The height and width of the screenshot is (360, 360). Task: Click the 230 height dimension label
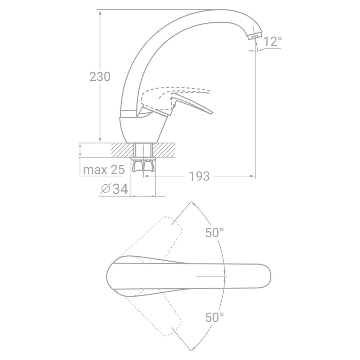tap(100, 77)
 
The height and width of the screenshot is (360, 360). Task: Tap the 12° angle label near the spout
tap(272, 42)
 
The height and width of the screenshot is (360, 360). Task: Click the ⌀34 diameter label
tap(115, 189)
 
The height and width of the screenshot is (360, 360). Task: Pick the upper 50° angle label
tap(215, 233)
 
